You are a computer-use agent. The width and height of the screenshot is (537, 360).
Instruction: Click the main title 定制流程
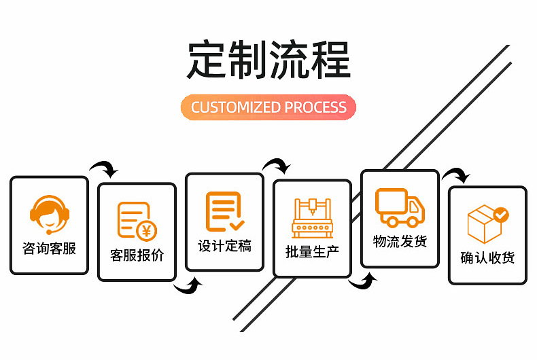pos(268,60)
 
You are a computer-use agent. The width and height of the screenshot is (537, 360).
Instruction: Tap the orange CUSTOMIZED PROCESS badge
pos(268,107)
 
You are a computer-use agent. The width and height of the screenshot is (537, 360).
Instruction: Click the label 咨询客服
pos(49,249)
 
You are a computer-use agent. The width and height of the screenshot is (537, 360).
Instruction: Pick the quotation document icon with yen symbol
pos(137,221)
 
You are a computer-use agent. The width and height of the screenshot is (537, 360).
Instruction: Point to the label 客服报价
pos(137,256)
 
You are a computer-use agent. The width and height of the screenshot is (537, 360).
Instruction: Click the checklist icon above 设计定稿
pos(224,211)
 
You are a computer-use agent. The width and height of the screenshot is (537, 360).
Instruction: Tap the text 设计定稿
pos(224,246)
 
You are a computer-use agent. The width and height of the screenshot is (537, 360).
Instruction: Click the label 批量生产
pos(312,253)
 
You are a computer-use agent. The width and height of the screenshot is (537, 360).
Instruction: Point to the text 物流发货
pos(400,242)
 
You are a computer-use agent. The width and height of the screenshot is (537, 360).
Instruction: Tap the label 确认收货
pos(487,258)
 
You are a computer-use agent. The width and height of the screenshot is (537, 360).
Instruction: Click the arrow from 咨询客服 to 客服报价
pos(104,168)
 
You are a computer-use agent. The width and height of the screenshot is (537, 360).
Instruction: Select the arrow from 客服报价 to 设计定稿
pos(190,287)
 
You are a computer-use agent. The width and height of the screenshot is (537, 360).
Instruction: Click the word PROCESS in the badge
pos(315,107)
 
